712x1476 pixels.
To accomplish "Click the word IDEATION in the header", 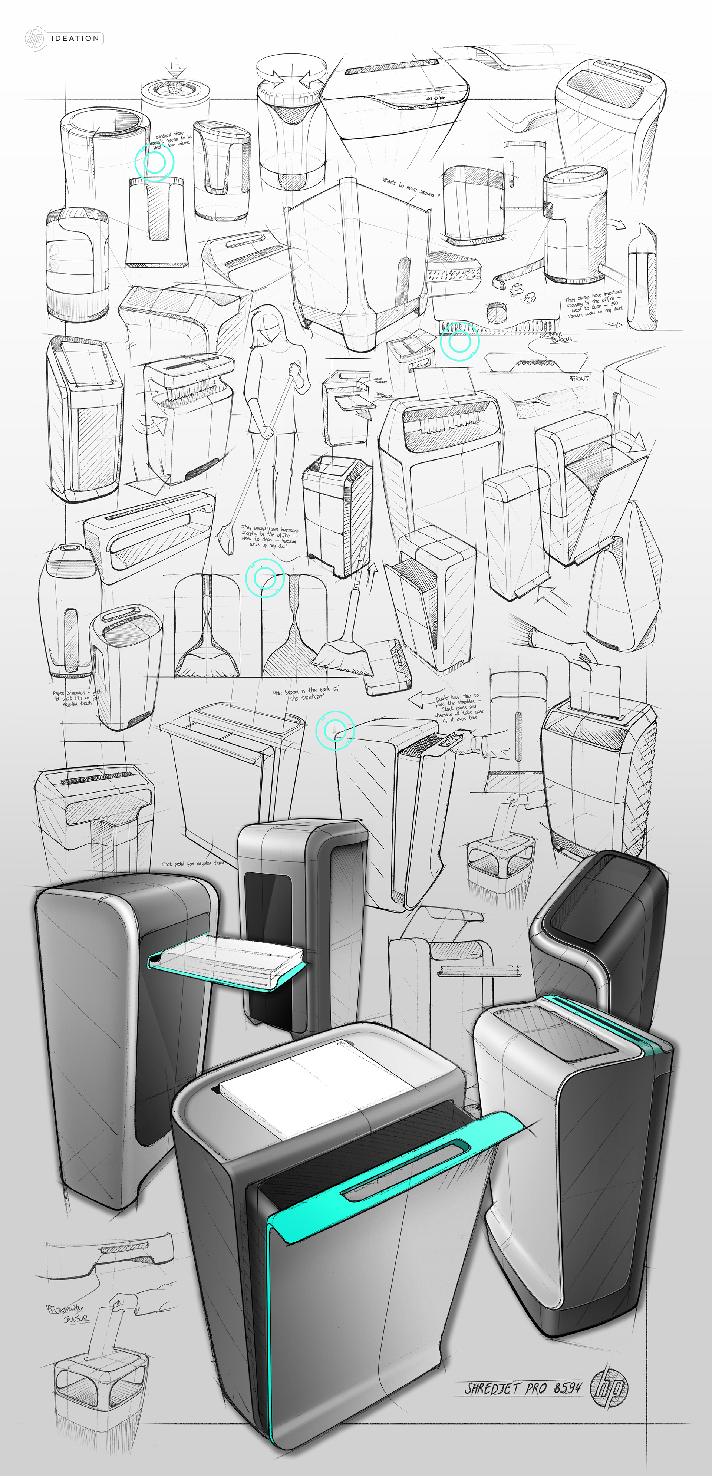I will click(x=75, y=39).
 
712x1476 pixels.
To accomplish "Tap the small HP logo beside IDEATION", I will click(x=34, y=39).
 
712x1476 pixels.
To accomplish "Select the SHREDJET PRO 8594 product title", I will click(x=523, y=1387).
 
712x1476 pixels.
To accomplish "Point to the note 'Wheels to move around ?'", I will click(x=411, y=187).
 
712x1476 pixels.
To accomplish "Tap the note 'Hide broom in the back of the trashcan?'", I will click(x=306, y=693).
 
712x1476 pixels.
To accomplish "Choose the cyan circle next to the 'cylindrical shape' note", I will click(x=154, y=163).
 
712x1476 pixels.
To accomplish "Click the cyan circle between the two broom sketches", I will click(x=264, y=578).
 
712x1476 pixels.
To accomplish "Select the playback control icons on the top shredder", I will click(x=436, y=99).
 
